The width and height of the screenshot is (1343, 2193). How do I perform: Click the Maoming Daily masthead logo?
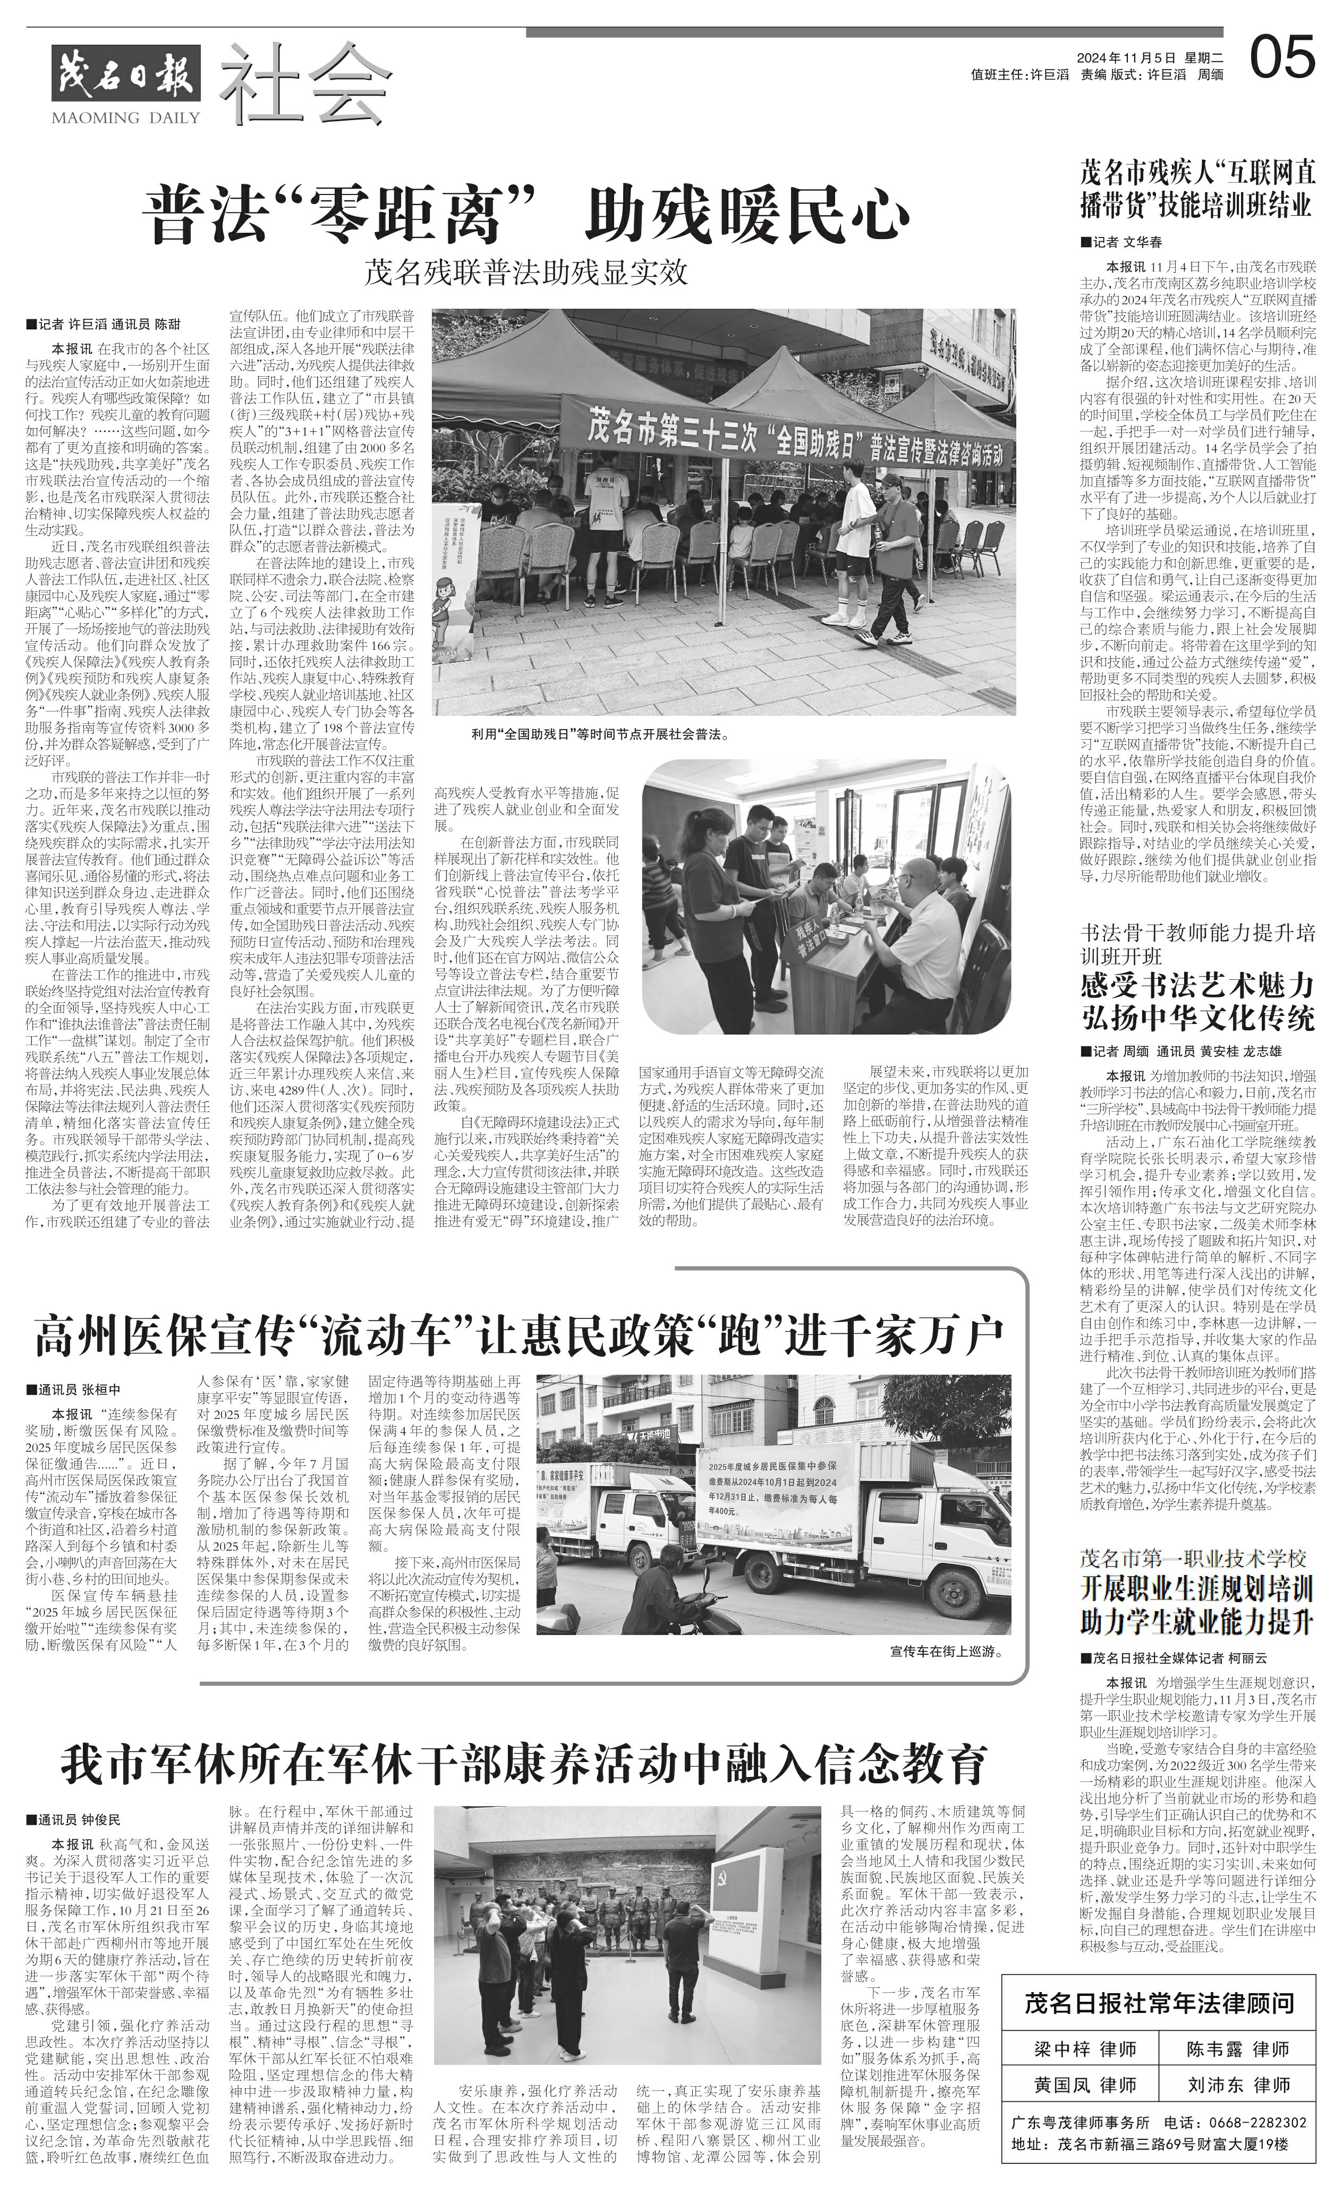point(125,80)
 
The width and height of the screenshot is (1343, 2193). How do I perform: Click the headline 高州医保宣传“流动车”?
point(519,1332)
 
